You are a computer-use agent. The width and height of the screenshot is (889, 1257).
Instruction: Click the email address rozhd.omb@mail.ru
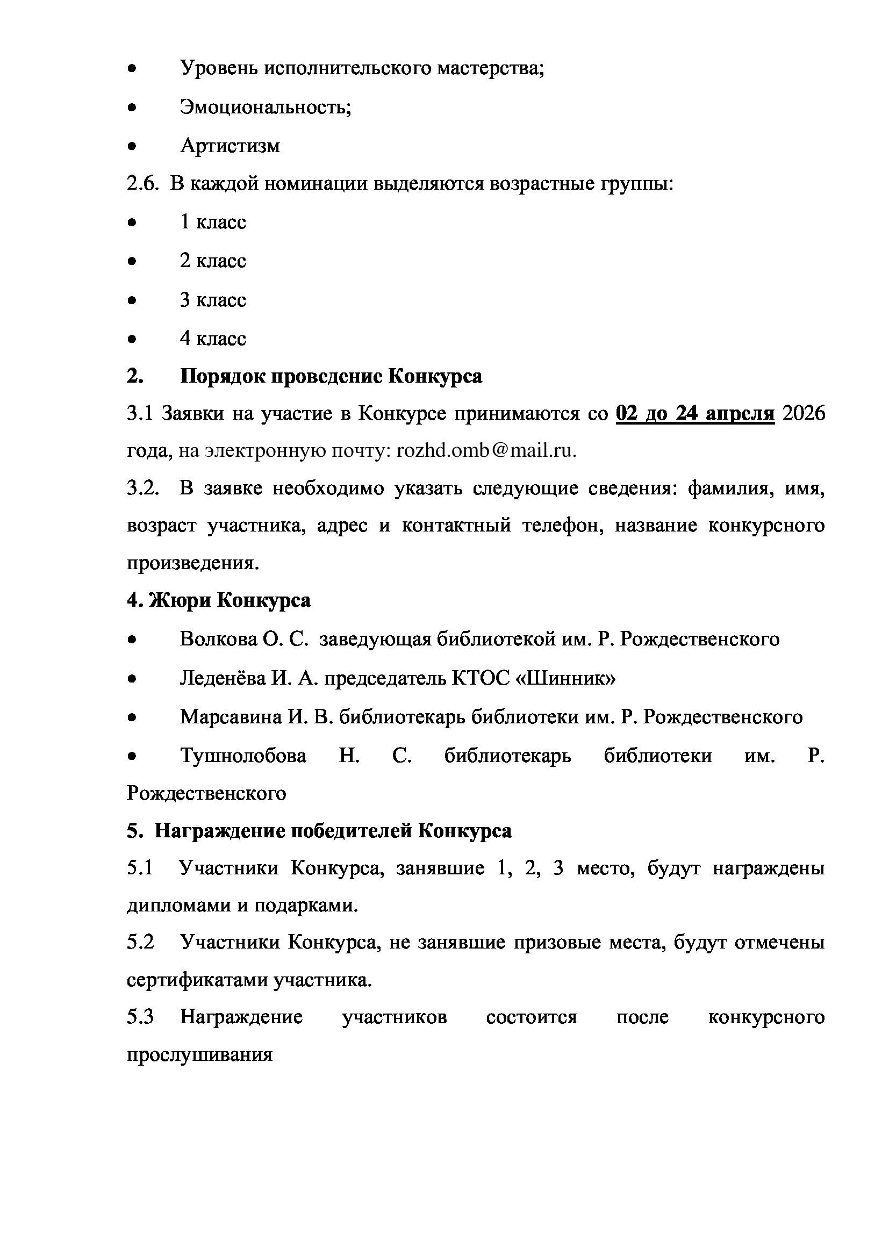point(486,450)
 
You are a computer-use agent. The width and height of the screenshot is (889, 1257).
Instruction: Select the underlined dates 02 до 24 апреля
point(694,413)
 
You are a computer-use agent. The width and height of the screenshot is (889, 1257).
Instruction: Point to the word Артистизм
point(230,146)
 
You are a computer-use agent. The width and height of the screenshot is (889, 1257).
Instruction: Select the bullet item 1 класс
point(213,222)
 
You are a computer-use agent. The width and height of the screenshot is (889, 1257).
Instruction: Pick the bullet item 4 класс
point(213,339)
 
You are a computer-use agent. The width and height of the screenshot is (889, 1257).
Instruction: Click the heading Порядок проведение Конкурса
point(331,377)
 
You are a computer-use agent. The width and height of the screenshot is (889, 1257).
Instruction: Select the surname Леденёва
point(223,678)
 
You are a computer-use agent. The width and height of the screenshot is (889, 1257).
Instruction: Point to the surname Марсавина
point(231,717)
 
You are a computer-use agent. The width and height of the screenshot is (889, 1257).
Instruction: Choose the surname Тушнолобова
point(243,756)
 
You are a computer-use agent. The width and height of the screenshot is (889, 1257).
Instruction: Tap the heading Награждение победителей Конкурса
point(333,831)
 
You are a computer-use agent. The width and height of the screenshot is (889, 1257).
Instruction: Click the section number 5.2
point(140,942)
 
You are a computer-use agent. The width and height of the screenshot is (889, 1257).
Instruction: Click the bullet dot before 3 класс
point(131,300)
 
